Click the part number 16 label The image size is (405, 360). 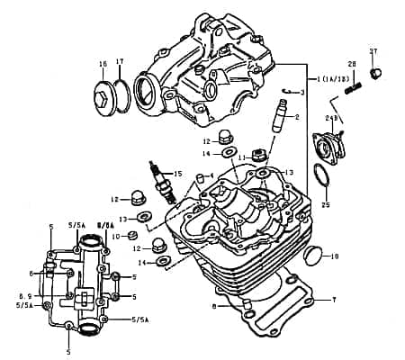pyautogui.click(x=102, y=63)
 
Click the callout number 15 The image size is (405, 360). pyautogui.click(x=178, y=174)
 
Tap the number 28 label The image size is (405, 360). pyautogui.click(x=353, y=64)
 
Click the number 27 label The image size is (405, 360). pyautogui.click(x=373, y=51)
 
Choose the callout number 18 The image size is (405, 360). pyautogui.click(x=335, y=257)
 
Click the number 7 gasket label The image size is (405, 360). pyautogui.click(x=333, y=299)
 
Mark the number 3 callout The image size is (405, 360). pyautogui.click(x=302, y=93)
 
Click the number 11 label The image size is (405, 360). pyautogui.click(x=241, y=157)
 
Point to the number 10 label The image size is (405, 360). pyautogui.click(x=114, y=236)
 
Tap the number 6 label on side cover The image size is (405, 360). pyautogui.click(x=31, y=274)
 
